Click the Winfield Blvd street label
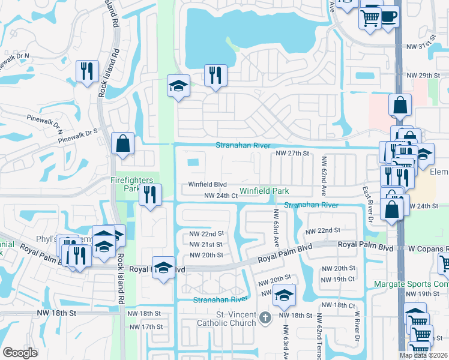pyautogui.click(x=207, y=184)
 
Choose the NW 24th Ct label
pyautogui.click(x=217, y=196)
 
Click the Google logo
pyautogui.click(x=20, y=352)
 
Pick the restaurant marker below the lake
pyautogui.click(x=215, y=76)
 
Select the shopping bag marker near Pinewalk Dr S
pyautogui.click(x=123, y=144)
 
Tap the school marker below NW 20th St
pyautogui.click(x=284, y=295)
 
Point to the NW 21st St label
pyautogui.click(x=206, y=244)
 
